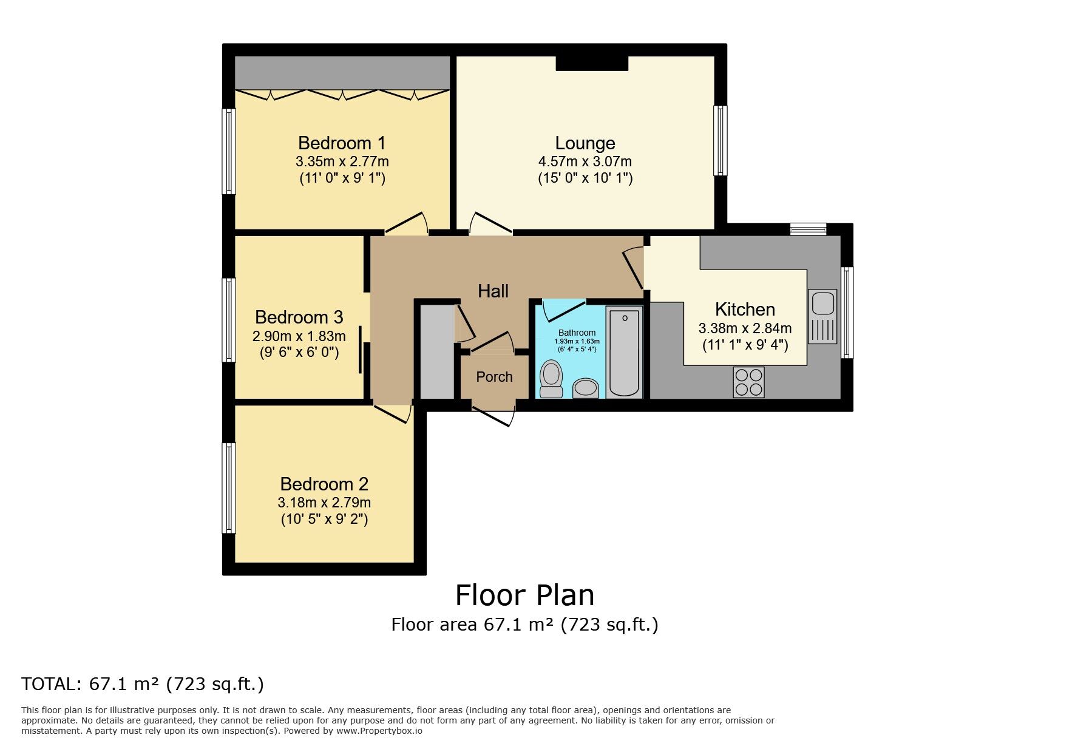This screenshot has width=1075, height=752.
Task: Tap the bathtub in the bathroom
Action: coord(623,352)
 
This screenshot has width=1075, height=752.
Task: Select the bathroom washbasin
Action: coord(586,388)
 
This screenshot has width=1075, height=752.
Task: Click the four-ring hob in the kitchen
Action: coord(748,382)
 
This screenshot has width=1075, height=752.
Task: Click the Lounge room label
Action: coord(585,143)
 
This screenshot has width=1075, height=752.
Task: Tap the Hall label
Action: coord(493,291)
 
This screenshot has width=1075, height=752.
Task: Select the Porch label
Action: coord(494,377)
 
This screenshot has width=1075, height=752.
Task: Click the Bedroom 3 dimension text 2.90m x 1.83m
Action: coord(299,336)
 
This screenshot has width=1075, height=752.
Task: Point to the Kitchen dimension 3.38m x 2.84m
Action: coord(745,328)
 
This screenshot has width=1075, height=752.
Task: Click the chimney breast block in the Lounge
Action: coord(592,63)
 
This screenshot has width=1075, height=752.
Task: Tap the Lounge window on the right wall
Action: coord(720,141)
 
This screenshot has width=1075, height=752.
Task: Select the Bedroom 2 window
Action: coord(229,488)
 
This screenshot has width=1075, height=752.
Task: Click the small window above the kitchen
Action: coord(808,229)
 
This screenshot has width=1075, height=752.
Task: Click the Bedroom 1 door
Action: coord(406,223)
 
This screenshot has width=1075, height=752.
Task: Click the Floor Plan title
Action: coord(525,595)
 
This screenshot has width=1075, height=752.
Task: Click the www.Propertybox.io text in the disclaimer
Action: coord(379,731)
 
